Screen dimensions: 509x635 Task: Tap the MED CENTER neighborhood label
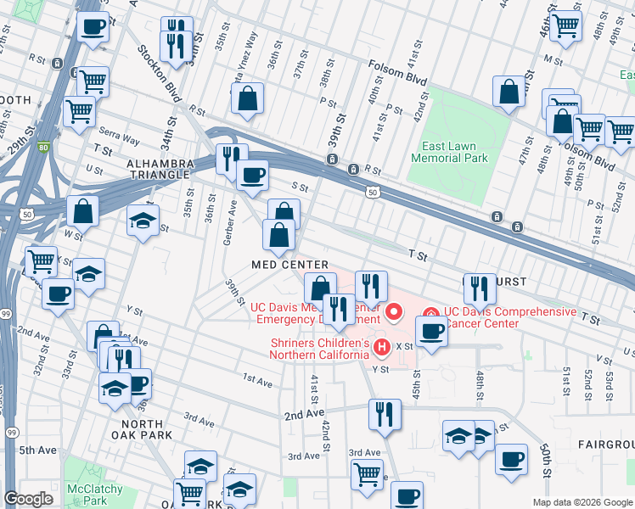[289, 266]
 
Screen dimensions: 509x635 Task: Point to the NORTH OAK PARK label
[146, 429]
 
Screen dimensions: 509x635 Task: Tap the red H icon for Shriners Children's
[381, 347]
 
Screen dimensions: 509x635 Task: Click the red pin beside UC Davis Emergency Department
[394, 313]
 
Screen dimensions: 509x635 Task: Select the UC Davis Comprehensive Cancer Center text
[509, 318]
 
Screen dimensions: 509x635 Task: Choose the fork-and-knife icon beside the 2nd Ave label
[385, 414]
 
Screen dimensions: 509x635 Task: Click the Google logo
[29, 499]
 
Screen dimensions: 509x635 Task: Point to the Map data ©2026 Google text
[581, 501]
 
